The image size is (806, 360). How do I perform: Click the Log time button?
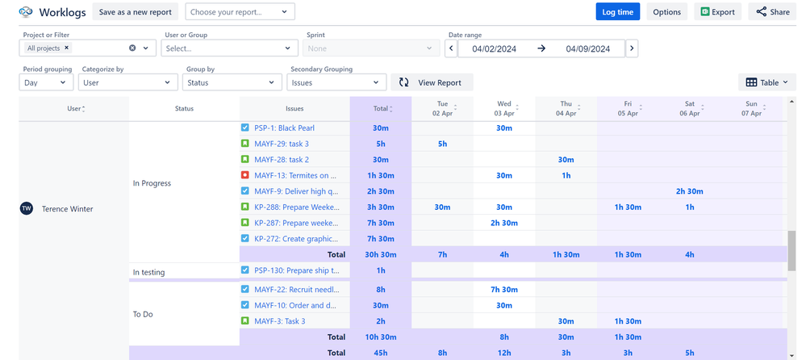[x=617, y=12]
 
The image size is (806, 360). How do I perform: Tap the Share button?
[x=771, y=12]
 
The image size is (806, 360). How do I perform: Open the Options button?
[x=666, y=12]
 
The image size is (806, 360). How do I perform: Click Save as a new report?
[x=136, y=12]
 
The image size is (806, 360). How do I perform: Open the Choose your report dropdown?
[x=240, y=12]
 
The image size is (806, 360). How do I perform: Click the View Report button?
[x=432, y=82]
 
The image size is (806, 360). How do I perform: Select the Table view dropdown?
[x=766, y=82]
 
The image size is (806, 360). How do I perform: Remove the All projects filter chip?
[x=67, y=48]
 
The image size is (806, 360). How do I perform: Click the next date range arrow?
[x=632, y=48]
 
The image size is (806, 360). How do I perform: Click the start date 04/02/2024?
[x=494, y=48]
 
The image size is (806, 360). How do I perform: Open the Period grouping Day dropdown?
[x=48, y=82]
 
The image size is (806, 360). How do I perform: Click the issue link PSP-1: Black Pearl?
[x=284, y=128]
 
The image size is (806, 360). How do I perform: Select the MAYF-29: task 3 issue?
[x=282, y=144]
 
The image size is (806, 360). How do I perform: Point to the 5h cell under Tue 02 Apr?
[x=442, y=144]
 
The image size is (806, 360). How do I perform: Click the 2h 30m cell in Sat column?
[x=690, y=191]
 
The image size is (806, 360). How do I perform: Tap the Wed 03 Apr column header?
[x=504, y=108]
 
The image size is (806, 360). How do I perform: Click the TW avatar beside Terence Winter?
[x=27, y=209]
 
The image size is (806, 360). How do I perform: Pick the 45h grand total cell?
[x=380, y=353]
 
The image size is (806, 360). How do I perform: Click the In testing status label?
[x=148, y=273]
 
